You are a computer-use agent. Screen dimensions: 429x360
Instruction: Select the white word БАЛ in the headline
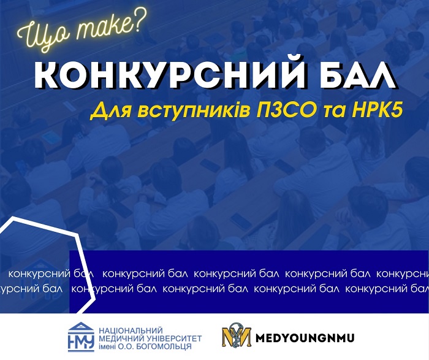click(359, 74)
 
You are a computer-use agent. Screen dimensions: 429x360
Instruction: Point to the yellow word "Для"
click(110, 111)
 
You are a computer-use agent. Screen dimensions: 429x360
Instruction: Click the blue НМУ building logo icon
click(81, 337)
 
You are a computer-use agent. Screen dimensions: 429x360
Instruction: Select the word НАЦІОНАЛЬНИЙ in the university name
click(131, 331)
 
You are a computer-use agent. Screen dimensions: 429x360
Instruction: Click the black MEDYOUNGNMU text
click(305, 338)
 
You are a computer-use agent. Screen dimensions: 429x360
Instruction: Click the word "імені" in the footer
click(107, 347)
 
